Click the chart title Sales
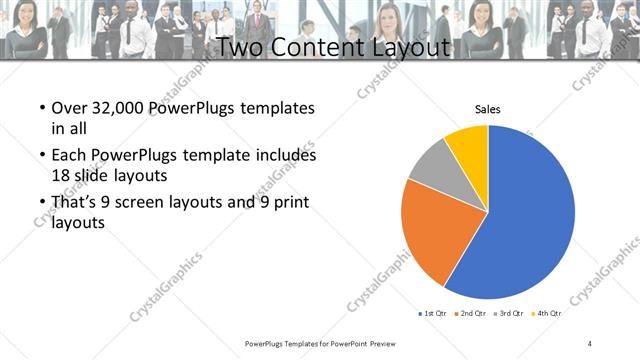click(487, 110)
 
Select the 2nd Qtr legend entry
click(471, 314)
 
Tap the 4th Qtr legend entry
click(546, 314)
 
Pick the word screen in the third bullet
click(144, 203)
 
